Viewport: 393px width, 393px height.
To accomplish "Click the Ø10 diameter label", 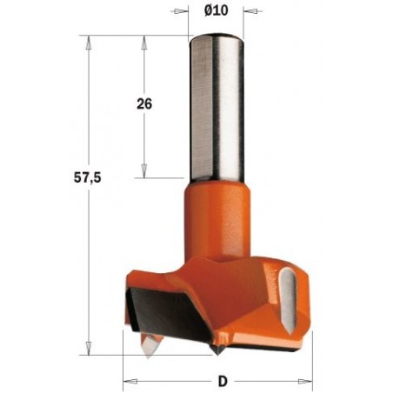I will pos(216,11).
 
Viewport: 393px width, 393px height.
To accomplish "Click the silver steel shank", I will pos(216,104).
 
